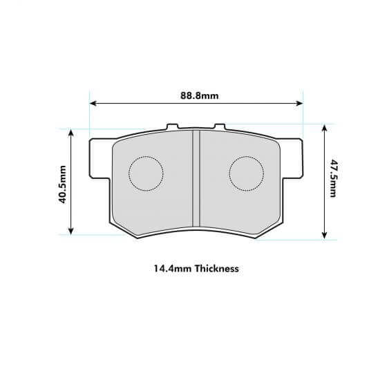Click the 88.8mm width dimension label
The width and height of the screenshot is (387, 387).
click(x=196, y=96)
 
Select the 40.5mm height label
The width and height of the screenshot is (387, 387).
click(x=63, y=184)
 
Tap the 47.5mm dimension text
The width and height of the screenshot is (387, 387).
click(x=333, y=179)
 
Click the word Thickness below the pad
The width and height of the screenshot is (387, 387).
click(x=216, y=268)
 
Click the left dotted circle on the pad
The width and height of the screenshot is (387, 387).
click(x=146, y=173)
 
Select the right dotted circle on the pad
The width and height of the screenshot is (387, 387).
click(x=246, y=173)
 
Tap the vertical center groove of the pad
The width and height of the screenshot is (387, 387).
click(x=196, y=178)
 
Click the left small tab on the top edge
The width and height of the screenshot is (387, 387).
click(x=172, y=127)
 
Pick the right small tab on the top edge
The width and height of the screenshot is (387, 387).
click(x=219, y=127)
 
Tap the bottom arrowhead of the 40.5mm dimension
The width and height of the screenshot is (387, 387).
click(x=70, y=232)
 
